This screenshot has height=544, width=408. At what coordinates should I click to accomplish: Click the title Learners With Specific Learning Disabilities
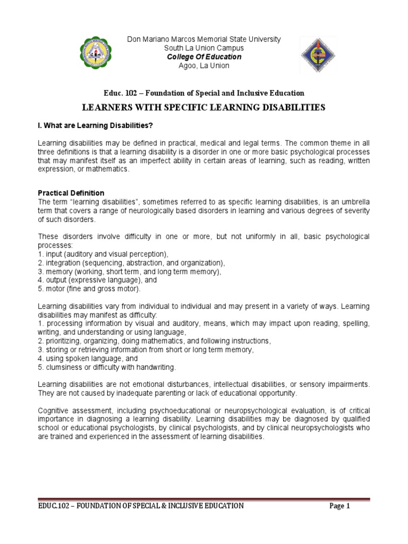pyautogui.click(x=203, y=108)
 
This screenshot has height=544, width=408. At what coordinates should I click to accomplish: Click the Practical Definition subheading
pyautogui.click(x=71, y=193)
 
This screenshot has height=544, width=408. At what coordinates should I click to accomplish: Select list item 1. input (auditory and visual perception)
pyautogui.click(x=103, y=254)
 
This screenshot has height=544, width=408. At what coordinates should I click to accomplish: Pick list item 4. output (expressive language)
pyautogui.click(x=98, y=280)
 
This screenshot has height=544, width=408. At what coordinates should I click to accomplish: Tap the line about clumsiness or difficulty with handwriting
pyautogui.click(x=106, y=367)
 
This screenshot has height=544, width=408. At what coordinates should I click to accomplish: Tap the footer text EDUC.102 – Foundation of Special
pyautogui.click(x=141, y=506)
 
